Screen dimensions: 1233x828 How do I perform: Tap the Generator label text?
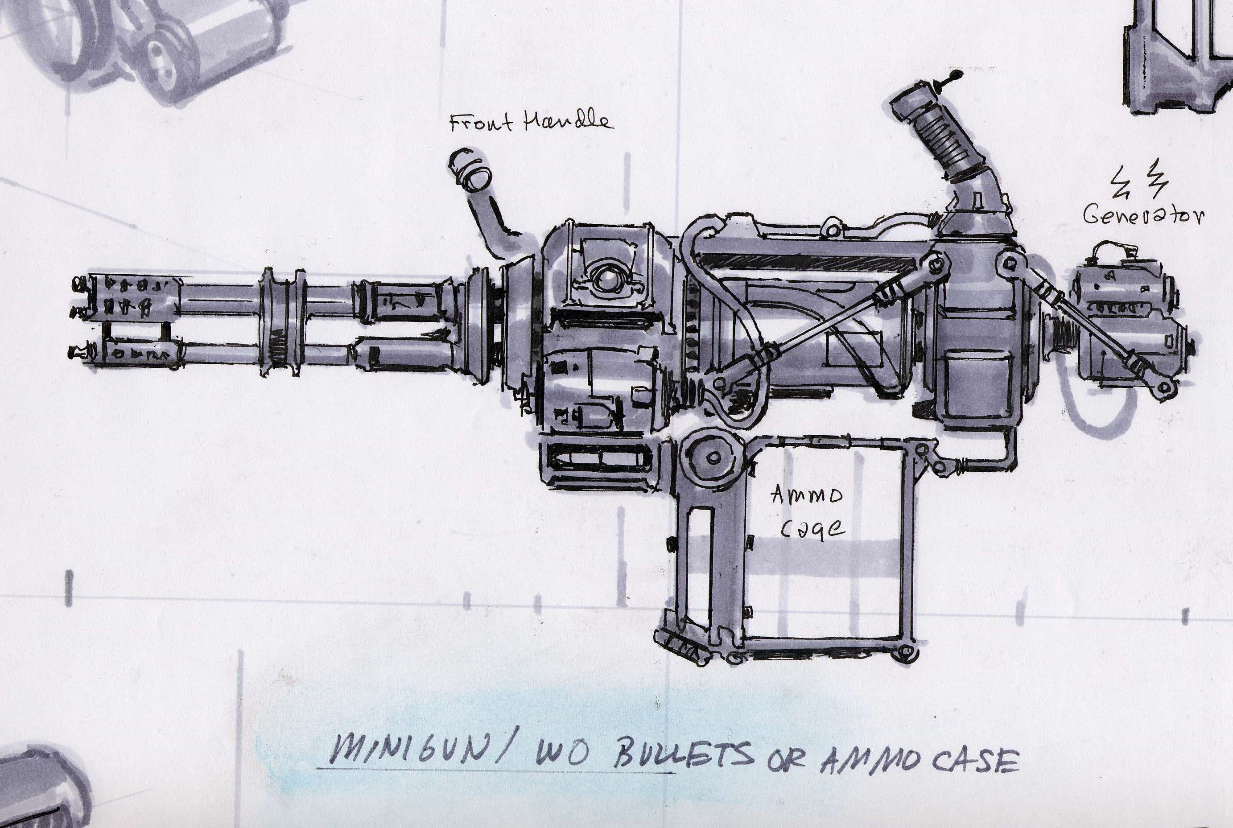click(x=1144, y=215)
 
